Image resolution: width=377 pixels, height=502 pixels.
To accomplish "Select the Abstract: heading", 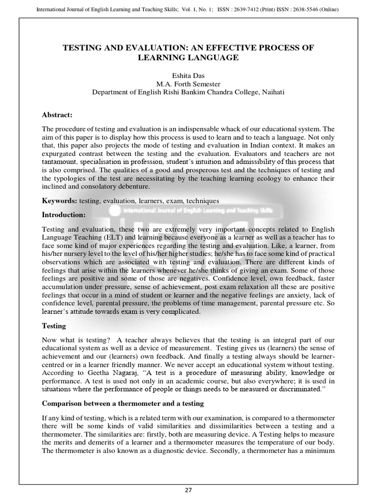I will click(x=57, y=115).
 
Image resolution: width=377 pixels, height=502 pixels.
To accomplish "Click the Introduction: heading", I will click(x=64, y=215).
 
